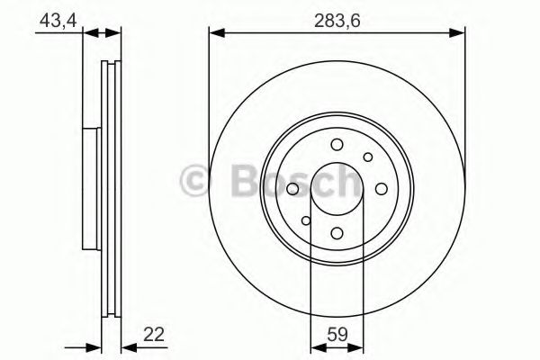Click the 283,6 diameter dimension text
[337, 21]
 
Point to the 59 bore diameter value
[337, 336]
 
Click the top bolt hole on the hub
[337, 145]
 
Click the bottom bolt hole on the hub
[337, 233]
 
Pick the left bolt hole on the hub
[293, 189]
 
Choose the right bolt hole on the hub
[381, 189]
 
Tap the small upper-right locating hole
[367, 157]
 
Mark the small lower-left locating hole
[306, 220]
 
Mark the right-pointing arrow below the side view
[93, 346]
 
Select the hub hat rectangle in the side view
[90, 189]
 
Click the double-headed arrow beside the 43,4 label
[102, 33]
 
